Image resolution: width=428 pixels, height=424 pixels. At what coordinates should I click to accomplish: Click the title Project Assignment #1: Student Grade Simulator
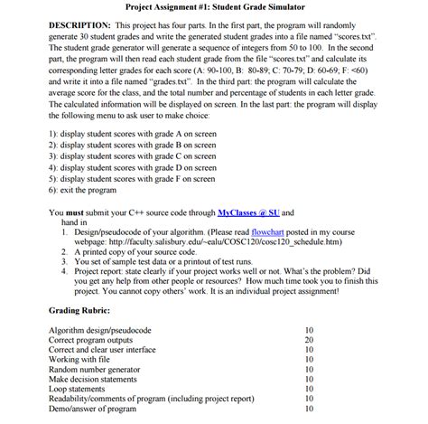tap(214, 6)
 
